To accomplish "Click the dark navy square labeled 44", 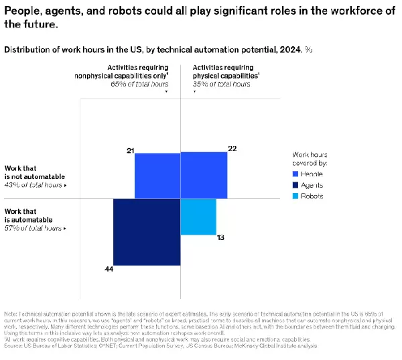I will pos(147,232).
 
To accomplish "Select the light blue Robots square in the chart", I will pos(198,217).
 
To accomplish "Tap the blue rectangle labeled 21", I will pos(157,176).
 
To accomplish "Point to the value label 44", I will pos(109,269).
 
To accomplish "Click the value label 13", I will pos(220,238).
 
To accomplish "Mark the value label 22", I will pos(232,148).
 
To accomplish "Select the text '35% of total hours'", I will pos(221,84).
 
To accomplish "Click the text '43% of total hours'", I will pos(33,184).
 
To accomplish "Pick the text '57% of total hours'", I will pos(33,227).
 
